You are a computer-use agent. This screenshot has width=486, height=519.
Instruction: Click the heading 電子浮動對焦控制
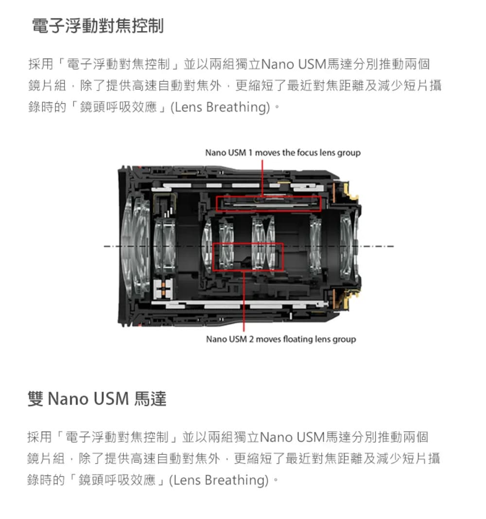coord(98,26)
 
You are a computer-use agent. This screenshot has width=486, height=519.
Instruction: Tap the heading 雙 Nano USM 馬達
coord(97,398)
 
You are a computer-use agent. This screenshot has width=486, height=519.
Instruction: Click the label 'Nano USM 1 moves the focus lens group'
coord(283,153)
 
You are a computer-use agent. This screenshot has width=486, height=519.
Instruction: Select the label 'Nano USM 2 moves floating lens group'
coord(281,339)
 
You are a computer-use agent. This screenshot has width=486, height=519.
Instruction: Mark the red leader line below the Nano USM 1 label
coord(262,178)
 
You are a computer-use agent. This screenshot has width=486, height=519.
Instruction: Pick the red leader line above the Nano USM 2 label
coord(244,301)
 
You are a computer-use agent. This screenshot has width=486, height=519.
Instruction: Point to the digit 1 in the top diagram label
coord(250,153)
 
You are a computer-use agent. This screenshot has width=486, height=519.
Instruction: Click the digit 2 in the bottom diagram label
coord(251,339)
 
